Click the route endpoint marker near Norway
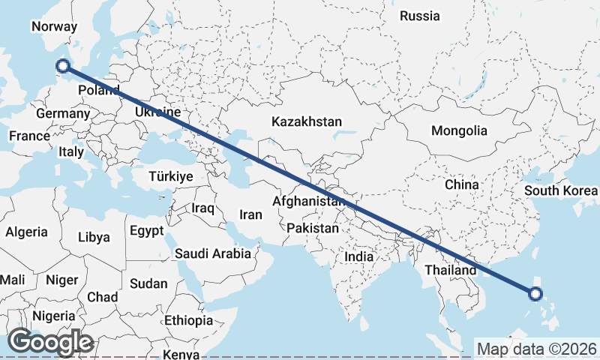point(63,66)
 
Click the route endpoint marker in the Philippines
point(535,293)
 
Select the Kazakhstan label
point(307,121)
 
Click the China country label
point(461,184)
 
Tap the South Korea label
point(561,190)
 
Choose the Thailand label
point(450,270)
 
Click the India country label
point(359,256)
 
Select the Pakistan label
point(312,228)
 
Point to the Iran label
point(250,214)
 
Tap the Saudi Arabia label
point(213,253)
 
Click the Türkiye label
point(172,176)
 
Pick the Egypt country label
point(146,230)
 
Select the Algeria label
point(26,232)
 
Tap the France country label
point(29,136)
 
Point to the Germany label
point(62,113)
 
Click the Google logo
point(51,342)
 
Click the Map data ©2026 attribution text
point(536,349)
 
